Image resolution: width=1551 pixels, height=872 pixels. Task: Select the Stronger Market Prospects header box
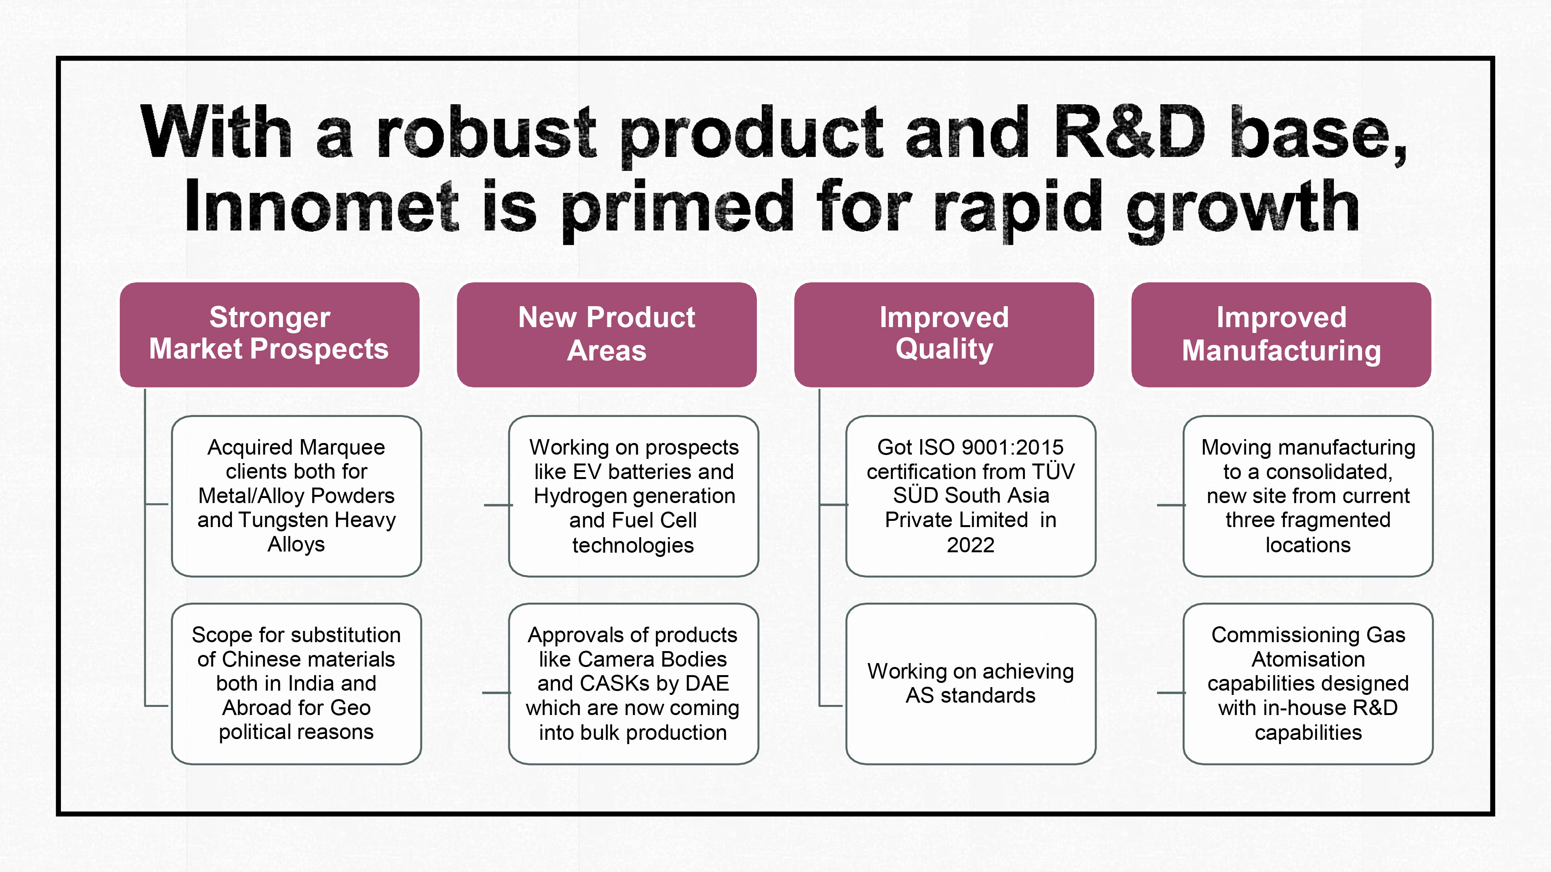(x=269, y=334)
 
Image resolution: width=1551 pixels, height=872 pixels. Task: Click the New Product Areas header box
(x=606, y=334)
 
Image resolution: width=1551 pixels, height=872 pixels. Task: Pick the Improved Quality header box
(x=943, y=334)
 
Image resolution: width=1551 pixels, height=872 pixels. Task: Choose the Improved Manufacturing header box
(x=1281, y=334)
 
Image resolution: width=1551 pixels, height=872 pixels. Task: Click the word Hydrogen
(x=582, y=496)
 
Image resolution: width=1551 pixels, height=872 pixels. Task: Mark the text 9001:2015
(x=1013, y=448)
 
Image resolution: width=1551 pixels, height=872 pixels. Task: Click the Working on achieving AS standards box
(x=971, y=684)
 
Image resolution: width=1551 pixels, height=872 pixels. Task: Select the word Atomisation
(x=1308, y=660)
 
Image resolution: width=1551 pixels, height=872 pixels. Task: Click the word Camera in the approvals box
(x=616, y=660)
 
